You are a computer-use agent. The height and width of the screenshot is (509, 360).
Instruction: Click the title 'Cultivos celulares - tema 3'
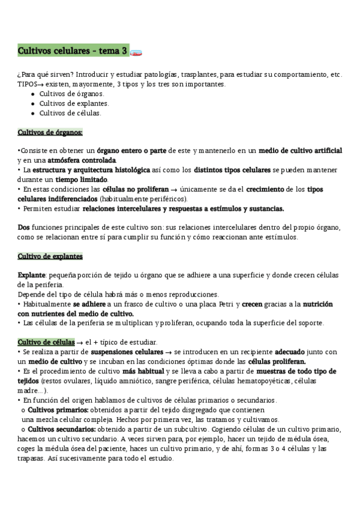[73, 52]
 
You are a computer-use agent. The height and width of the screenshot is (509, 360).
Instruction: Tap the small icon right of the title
[136, 53]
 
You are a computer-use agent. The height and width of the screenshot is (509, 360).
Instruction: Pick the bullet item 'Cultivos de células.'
[70, 113]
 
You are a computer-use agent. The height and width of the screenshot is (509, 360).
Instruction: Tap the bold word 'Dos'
[23, 227]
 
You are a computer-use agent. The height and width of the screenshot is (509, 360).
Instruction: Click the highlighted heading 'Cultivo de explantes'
[50, 256]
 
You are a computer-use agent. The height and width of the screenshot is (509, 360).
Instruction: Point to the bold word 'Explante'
[32, 276]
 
